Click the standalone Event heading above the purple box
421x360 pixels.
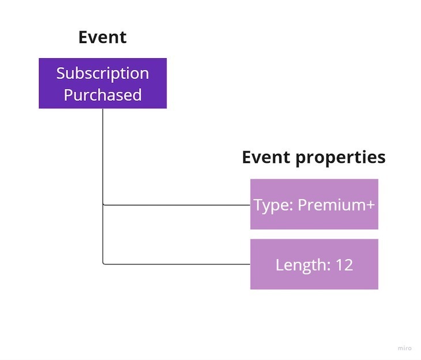(102, 37)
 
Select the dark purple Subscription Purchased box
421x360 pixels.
(103, 83)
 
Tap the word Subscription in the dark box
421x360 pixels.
(103, 73)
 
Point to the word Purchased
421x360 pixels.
(103, 95)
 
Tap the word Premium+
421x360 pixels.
(336, 205)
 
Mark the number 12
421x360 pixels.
(344, 265)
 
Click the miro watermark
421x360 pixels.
(404, 348)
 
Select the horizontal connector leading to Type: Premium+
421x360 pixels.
(176, 205)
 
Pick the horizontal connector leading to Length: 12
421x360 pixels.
(176, 264)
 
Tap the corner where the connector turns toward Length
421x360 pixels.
(104, 264)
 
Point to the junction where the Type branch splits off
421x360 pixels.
(104, 204)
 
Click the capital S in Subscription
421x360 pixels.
(61, 73)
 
